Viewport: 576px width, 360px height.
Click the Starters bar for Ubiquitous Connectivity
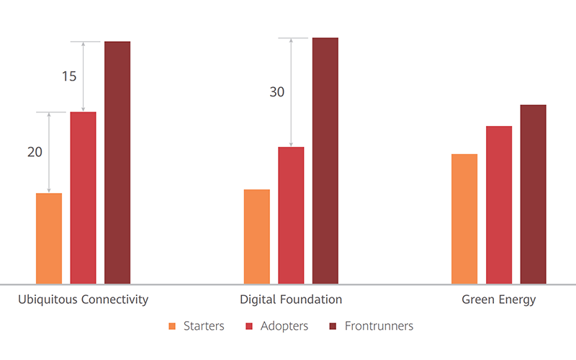[49, 238]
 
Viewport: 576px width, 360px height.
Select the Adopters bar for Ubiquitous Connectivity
[83, 198]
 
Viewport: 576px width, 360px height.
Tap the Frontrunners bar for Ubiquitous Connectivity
[117, 163]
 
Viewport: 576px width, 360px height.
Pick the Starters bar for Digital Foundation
[257, 236]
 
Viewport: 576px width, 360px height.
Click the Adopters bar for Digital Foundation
[291, 215]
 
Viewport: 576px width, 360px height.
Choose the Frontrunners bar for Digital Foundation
[325, 161]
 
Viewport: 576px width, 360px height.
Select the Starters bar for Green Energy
[464, 219]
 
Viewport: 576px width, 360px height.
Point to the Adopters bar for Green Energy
[499, 205]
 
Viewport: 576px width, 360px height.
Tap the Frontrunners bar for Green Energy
[534, 194]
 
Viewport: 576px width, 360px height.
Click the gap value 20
[35, 152]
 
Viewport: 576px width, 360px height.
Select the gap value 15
[69, 76]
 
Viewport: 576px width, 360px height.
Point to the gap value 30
[277, 92]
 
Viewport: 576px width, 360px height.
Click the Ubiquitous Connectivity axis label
[83, 300]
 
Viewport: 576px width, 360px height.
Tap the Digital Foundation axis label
[291, 300]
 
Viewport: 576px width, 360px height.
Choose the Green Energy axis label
[499, 300]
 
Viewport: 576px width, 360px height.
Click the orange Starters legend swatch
[171, 326]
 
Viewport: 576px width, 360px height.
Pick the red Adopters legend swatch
[249, 326]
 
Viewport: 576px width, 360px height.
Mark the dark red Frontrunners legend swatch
[333, 326]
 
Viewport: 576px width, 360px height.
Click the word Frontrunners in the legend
[379, 326]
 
